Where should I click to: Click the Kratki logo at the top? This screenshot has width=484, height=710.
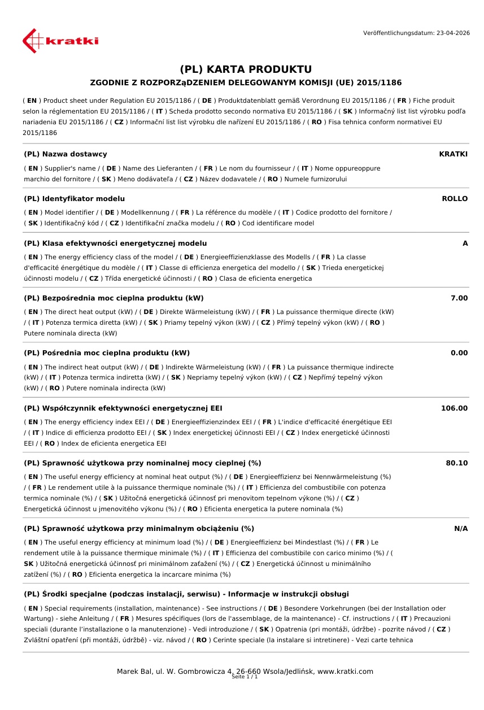[60, 41]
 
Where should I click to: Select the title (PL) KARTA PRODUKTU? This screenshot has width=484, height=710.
[246, 69]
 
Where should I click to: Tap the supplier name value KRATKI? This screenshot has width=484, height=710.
[453, 154]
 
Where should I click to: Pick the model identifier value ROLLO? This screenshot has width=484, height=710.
[455, 199]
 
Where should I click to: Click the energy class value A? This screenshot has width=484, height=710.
[465, 243]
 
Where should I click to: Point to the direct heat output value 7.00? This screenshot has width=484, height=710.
[459, 298]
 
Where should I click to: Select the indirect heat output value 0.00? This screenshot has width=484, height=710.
[459, 353]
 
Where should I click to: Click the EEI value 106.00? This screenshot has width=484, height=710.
[454, 408]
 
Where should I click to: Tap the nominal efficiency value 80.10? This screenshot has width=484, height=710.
[456, 463]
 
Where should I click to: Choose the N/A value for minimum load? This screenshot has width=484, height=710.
[461, 529]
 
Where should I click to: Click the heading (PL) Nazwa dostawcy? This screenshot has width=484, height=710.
[66, 154]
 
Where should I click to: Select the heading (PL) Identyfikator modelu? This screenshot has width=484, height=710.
[75, 199]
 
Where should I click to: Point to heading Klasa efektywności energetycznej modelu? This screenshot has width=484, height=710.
[115, 243]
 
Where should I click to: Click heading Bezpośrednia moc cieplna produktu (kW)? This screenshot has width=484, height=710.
[114, 298]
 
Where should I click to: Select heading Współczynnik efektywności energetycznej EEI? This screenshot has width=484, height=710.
[127, 408]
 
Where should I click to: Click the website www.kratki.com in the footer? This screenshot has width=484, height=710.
[345, 672]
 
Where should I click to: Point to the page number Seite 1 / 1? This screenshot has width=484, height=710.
[245, 677]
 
